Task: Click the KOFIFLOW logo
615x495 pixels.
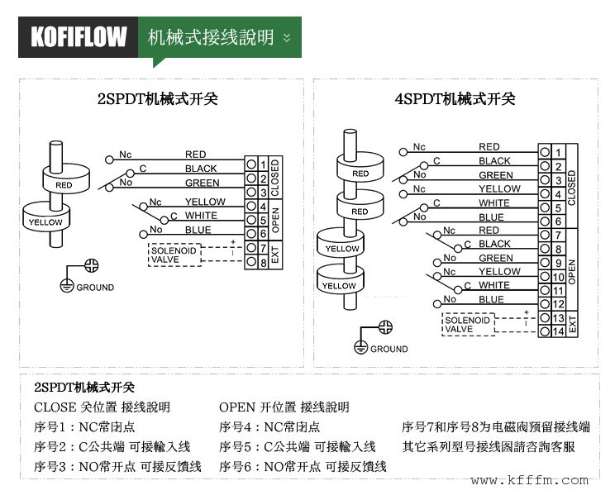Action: point(79,37)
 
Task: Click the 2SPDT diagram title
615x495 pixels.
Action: point(158,99)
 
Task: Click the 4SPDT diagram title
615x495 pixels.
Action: point(455,99)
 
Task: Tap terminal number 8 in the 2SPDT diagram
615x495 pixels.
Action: point(263,263)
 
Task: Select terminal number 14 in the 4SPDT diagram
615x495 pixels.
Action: point(559,331)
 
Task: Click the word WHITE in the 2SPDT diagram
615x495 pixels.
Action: point(201,216)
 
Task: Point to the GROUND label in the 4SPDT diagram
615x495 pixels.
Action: point(389,349)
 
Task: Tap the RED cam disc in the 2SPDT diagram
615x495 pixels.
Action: point(64,182)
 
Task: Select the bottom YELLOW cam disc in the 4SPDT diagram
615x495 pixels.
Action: point(339,283)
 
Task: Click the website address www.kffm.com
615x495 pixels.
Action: point(530,480)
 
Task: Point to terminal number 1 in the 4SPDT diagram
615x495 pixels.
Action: point(559,152)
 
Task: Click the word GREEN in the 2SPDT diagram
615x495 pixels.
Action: point(202,183)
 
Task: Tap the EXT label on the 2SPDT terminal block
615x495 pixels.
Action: point(275,255)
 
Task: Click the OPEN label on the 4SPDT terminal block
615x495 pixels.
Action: point(571,270)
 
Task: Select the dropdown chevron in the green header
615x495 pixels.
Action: point(287,38)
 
